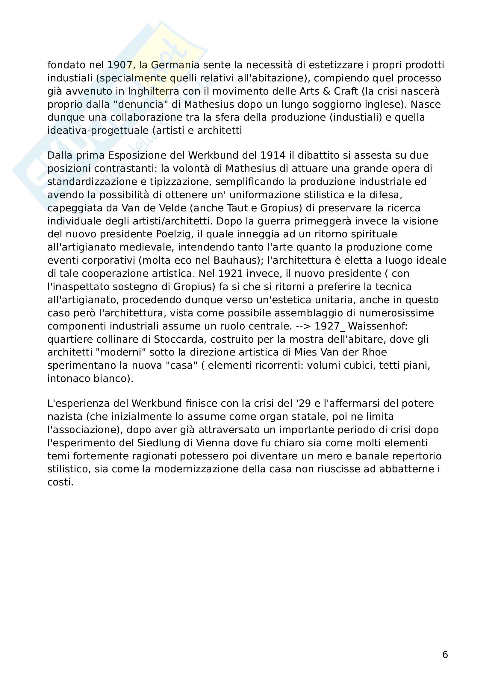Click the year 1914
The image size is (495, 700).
(x=273, y=156)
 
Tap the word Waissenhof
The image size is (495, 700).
(x=378, y=326)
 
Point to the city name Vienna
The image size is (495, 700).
(x=212, y=443)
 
